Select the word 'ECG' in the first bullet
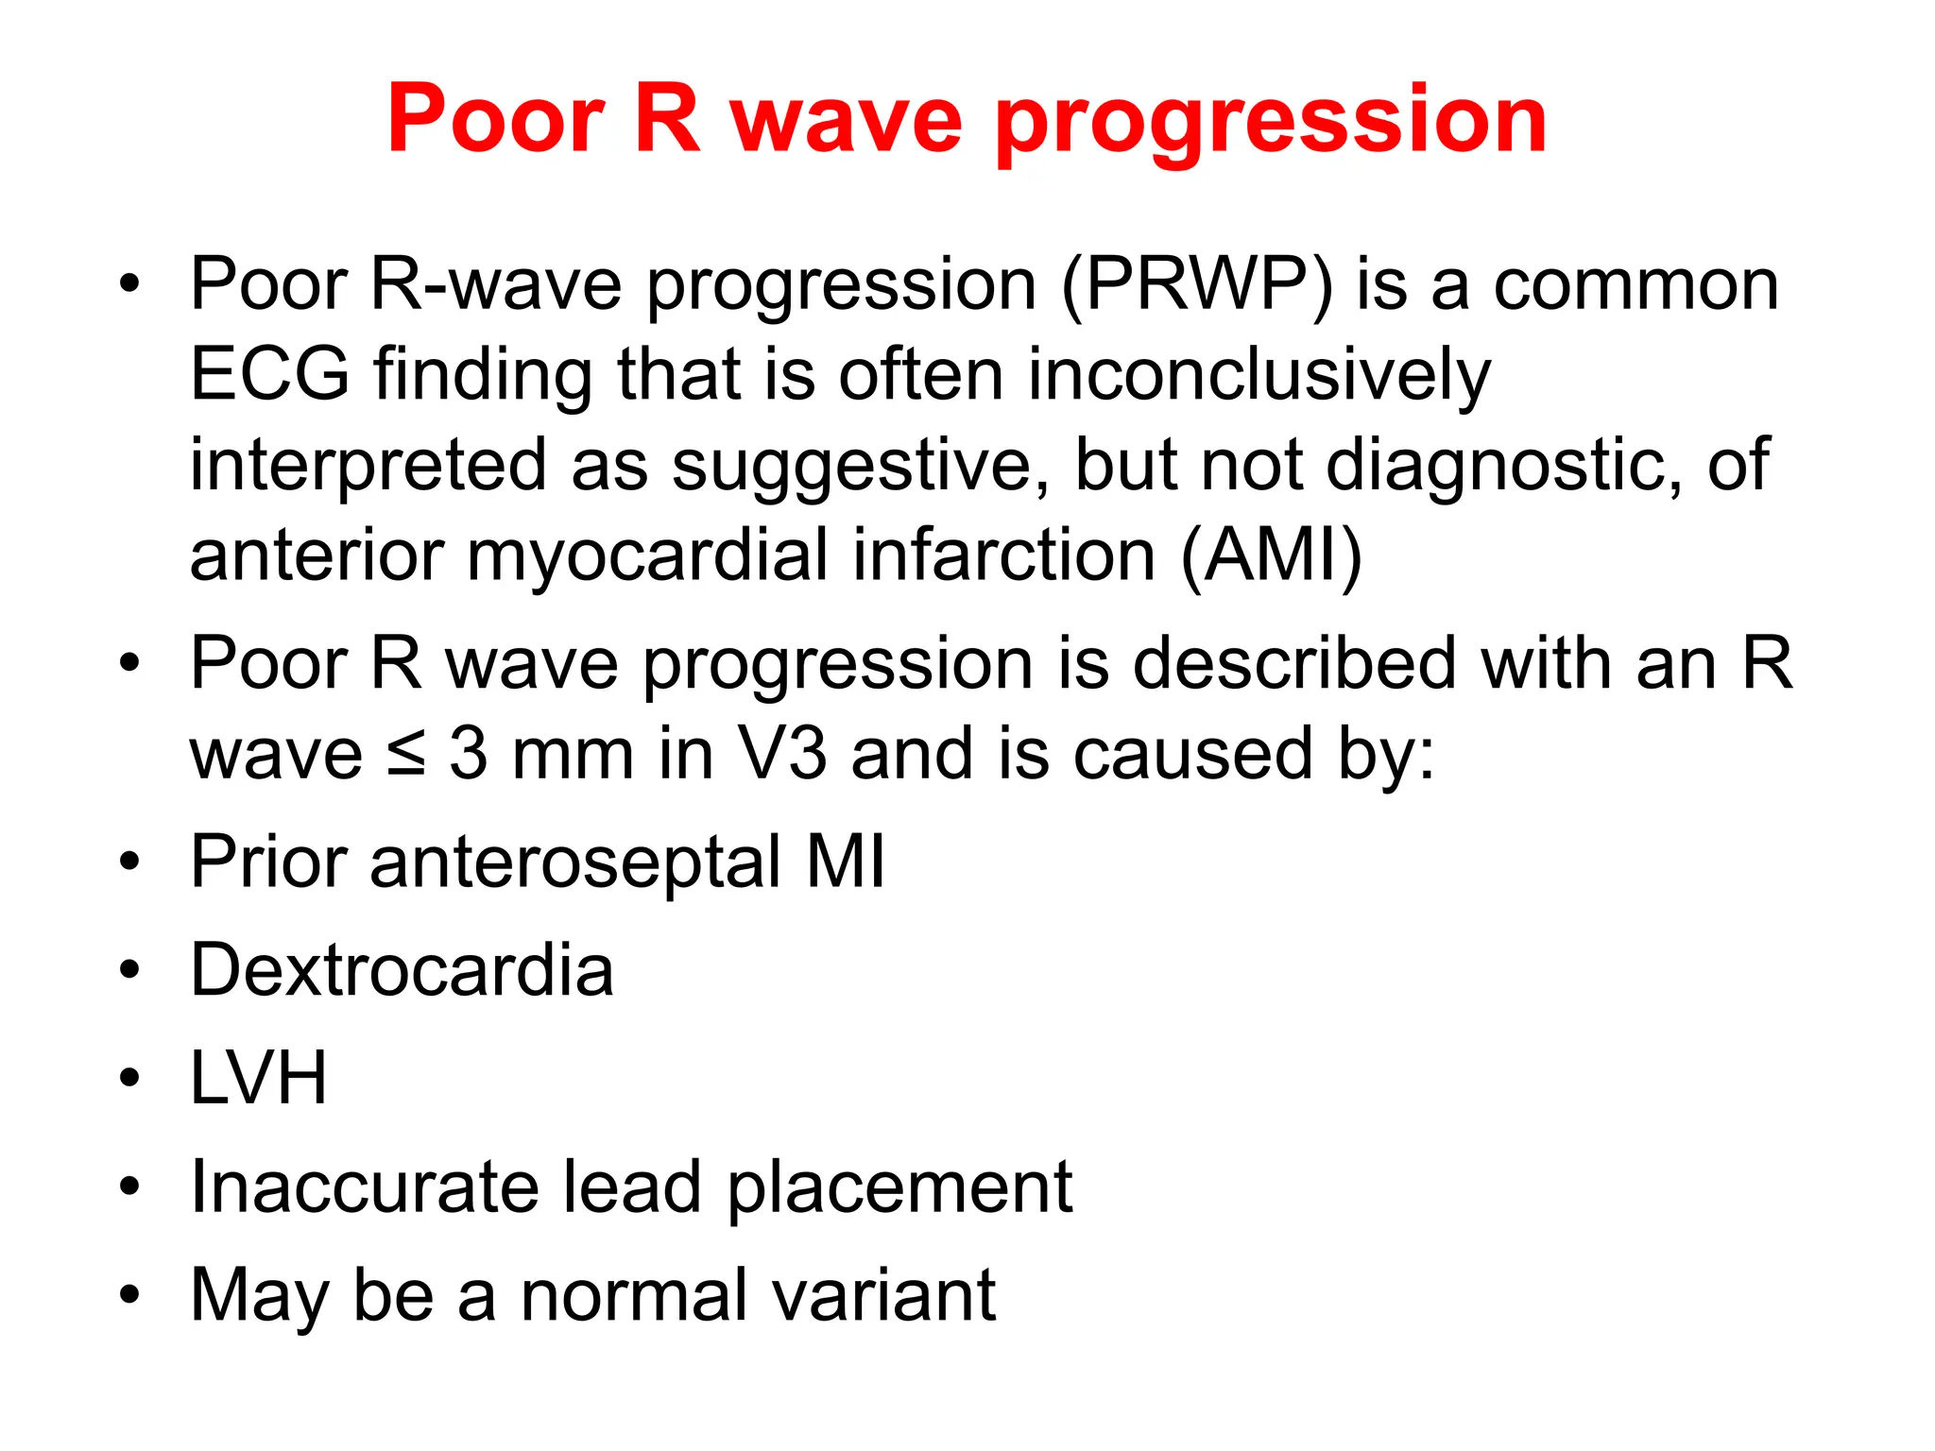(269, 374)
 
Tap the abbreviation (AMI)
(1271, 555)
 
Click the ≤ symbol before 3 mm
(406, 754)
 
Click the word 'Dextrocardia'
(402, 970)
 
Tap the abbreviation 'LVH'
(258, 1078)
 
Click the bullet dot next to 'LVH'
(130, 1078)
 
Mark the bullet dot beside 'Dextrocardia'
(130, 970)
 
